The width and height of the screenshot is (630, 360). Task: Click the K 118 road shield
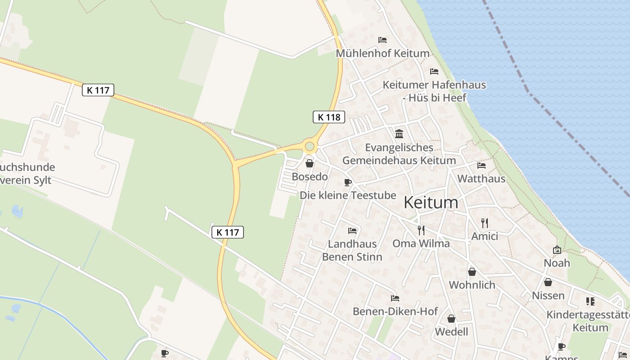(x=329, y=117)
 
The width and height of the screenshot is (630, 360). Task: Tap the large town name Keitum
(x=431, y=202)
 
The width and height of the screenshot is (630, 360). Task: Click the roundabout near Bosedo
(x=310, y=146)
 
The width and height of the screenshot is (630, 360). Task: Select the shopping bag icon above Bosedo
(x=310, y=163)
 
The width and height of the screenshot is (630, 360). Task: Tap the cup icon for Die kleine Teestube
(x=347, y=182)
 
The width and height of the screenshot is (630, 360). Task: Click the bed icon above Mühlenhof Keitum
(x=382, y=40)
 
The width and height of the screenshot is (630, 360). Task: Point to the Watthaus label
(x=481, y=179)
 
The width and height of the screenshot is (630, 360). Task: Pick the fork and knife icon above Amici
(x=484, y=223)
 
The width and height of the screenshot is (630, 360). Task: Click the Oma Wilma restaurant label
(x=421, y=243)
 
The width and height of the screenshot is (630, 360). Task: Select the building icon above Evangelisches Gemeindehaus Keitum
(x=399, y=134)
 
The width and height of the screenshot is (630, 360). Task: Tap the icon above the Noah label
(x=557, y=250)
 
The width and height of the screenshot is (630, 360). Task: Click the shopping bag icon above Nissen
(x=548, y=282)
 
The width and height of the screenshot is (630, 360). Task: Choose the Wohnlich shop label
(x=472, y=285)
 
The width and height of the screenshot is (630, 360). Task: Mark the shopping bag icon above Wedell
(x=451, y=319)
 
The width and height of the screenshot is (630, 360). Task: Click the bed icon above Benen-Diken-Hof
(x=395, y=298)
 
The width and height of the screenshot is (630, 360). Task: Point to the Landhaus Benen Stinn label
(x=352, y=251)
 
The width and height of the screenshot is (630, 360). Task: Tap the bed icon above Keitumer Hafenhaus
(x=434, y=72)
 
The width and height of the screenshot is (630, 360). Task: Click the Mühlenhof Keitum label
(x=382, y=54)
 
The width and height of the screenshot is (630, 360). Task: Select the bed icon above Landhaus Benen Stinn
(x=352, y=231)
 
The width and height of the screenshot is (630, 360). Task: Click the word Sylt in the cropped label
(x=42, y=180)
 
